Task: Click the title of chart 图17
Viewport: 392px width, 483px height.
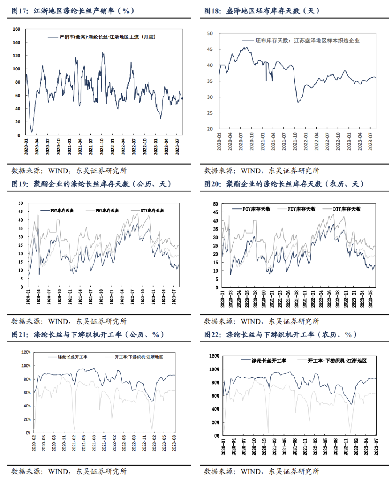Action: click(x=73, y=11)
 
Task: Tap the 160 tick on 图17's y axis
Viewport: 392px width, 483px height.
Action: click(x=16, y=29)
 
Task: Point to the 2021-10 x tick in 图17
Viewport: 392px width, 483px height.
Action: click(x=102, y=146)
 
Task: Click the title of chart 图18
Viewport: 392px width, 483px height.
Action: click(x=262, y=11)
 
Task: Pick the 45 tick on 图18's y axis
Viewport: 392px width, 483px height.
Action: click(x=210, y=49)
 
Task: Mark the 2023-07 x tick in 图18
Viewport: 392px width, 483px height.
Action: click(x=371, y=141)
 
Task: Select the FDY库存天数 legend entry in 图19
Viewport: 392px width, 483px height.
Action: click(x=107, y=211)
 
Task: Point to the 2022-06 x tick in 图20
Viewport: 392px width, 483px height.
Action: click(x=330, y=299)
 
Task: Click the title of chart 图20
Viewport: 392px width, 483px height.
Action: click(x=284, y=184)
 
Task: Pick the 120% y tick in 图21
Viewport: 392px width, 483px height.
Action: click(x=26, y=352)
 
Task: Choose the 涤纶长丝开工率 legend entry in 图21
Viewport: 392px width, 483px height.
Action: click(x=73, y=357)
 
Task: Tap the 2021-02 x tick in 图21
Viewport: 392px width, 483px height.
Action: click(x=74, y=443)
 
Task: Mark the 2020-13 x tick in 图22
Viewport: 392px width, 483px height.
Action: click(x=264, y=447)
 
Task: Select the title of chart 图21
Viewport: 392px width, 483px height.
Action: click(x=88, y=334)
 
